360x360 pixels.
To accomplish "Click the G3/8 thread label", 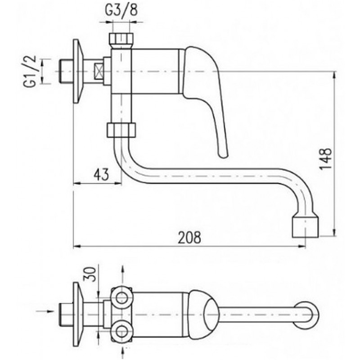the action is (x=121, y=10).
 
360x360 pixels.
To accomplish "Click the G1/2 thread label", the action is (x=30, y=71).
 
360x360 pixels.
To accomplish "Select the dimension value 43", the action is (x=101, y=175).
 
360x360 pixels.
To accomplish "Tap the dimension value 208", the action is (x=189, y=238).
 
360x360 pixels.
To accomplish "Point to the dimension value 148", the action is (x=326, y=159).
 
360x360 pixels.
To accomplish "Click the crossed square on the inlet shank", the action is (x=99, y=72).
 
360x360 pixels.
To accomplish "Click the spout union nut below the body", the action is (x=121, y=130).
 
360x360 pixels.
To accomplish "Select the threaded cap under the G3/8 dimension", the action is (x=121, y=40).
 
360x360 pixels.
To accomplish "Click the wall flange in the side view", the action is (x=77, y=72).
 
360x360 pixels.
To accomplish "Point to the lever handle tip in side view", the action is (x=223, y=154).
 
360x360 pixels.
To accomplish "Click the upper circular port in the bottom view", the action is (x=121, y=298).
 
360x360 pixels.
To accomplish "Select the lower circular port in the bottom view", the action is (x=121, y=331).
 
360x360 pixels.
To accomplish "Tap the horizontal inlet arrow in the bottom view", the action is (x=45, y=311).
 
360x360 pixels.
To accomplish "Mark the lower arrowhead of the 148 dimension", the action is (x=334, y=232).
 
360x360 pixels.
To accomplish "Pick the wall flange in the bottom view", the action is (x=77, y=314).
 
